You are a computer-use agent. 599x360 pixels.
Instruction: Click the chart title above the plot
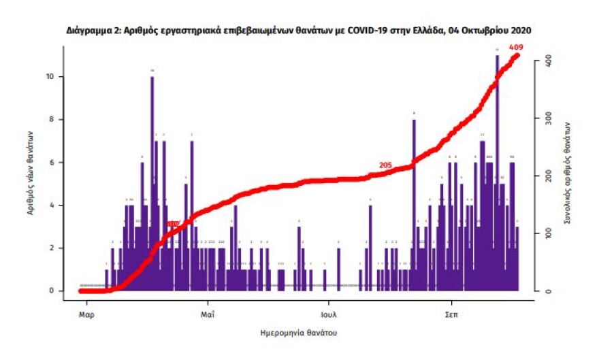click(299, 31)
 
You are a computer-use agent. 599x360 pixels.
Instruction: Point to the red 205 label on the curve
click(386, 165)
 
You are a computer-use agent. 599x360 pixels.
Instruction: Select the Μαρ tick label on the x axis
click(86, 315)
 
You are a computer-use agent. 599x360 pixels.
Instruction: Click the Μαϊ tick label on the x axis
click(208, 315)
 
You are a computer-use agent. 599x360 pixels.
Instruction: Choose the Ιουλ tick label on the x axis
click(329, 315)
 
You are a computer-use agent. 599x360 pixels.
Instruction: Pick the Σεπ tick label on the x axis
click(451, 315)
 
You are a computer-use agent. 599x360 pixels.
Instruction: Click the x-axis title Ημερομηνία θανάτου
click(299, 333)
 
